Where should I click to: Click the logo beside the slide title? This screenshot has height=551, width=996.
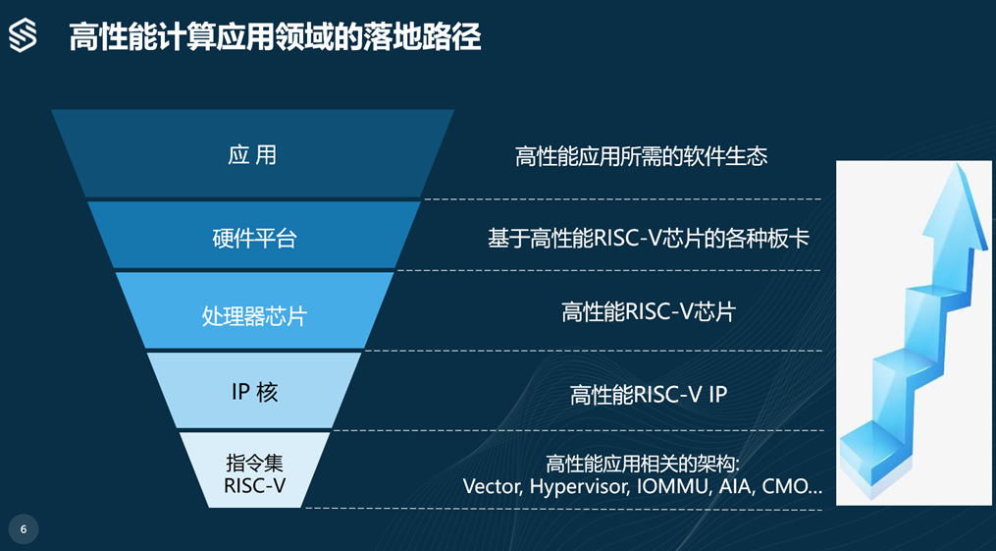coord(23,35)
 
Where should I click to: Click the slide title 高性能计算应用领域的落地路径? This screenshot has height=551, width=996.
coord(275,37)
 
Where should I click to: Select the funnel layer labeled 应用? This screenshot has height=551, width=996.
coord(253,154)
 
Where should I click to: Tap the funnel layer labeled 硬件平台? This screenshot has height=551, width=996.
coord(254,235)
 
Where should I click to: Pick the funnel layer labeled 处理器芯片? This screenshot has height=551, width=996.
coord(254,310)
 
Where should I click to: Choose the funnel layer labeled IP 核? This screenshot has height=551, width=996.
coord(254,390)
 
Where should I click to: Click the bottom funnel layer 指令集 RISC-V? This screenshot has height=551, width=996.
coord(255,470)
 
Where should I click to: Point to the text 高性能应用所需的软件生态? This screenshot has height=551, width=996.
coord(641,156)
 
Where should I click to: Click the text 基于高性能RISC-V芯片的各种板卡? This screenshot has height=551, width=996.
coord(649,239)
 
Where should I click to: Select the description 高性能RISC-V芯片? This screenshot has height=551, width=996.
coord(649,312)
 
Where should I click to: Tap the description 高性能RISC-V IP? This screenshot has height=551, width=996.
coord(649,395)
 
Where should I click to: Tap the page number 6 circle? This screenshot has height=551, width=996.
coord(24,529)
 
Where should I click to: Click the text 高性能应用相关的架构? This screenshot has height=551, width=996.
coord(643,464)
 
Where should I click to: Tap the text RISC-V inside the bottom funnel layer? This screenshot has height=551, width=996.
coord(255,485)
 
